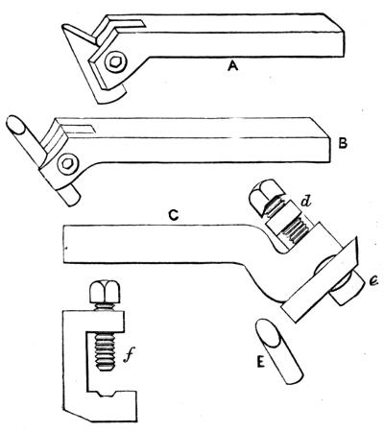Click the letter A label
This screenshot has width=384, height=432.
pyautogui.click(x=232, y=66)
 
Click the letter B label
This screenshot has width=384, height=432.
pyautogui.click(x=343, y=144)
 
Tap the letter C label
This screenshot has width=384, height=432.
pyautogui.click(x=173, y=216)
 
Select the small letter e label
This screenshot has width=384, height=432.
pyautogui.click(x=373, y=281)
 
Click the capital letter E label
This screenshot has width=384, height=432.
pyautogui.click(x=260, y=363)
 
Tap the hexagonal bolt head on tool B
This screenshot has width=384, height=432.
pyautogui.click(x=67, y=164)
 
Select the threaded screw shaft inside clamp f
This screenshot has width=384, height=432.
pyautogui.click(x=105, y=351)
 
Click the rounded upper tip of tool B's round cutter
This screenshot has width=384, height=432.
pyautogui.click(x=16, y=125)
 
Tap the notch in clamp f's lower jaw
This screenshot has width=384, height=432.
pyautogui.click(x=108, y=394)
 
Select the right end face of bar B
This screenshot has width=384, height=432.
pyautogui.click(x=324, y=142)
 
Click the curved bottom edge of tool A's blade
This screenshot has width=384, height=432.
pyautogui.click(x=111, y=97)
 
